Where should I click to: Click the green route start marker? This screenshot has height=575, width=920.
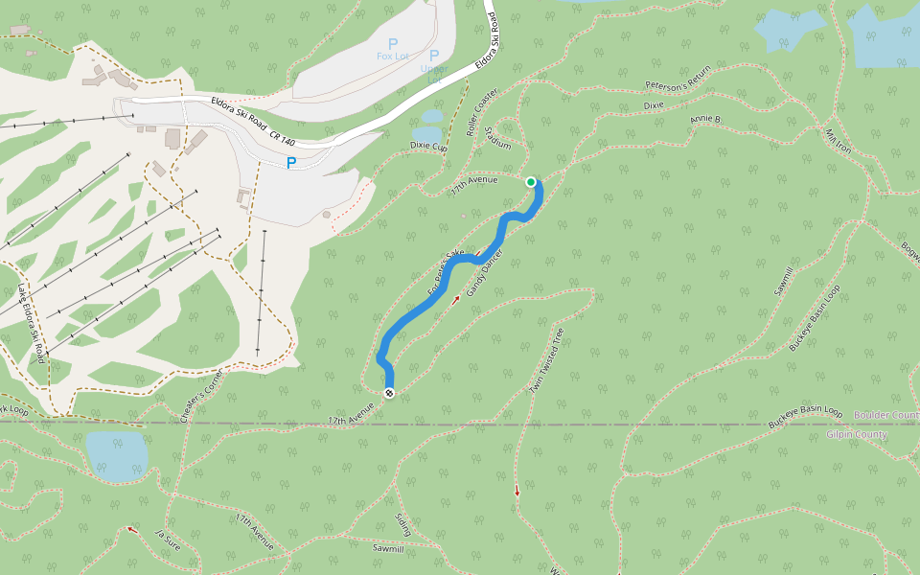[x=531, y=182]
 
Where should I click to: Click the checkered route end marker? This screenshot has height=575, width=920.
[x=389, y=393]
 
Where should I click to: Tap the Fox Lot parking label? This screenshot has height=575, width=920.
[x=392, y=56]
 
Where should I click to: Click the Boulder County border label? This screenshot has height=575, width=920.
[x=885, y=415]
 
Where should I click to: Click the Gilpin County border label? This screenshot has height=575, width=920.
[x=857, y=434]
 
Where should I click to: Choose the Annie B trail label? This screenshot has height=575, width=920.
[x=704, y=119]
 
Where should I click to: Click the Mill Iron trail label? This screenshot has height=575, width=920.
[x=838, y=141]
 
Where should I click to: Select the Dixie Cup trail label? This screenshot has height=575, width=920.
[x=428, y=147]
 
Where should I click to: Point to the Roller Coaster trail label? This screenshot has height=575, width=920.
[x=482, y=112]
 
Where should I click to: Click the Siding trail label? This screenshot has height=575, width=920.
[x=402, y=524]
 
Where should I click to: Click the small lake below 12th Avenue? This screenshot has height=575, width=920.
[x=118, y=455]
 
